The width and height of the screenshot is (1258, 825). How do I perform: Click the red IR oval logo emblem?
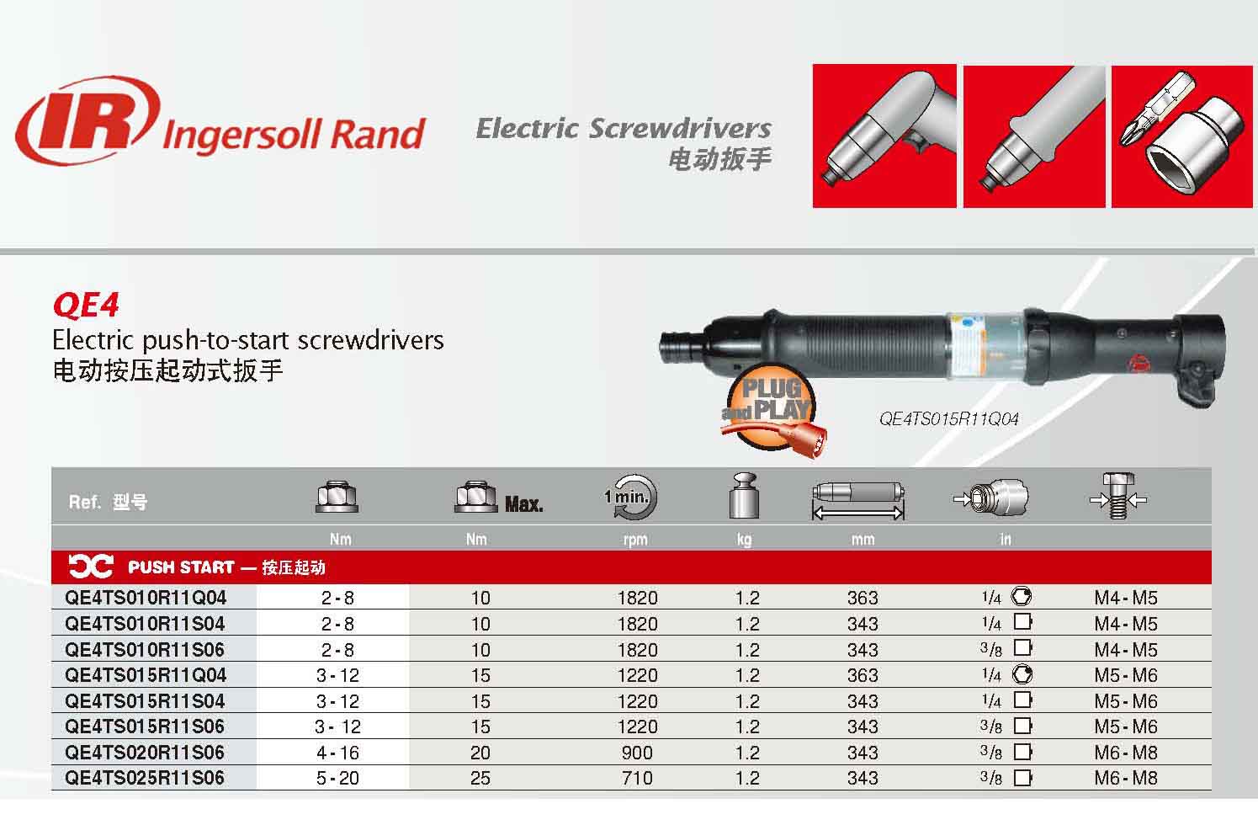tap(88, 120)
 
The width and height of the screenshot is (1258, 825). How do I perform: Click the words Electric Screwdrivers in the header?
tap(624, 128)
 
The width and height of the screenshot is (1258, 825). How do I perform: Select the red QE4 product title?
tap(86, 305)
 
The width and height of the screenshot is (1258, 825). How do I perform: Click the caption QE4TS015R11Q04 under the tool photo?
tap(948, 418)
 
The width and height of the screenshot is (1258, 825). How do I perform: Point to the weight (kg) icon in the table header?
tap(744, 495)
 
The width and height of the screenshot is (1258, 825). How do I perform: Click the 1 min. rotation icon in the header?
tap(631, 497)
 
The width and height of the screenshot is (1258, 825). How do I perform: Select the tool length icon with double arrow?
tap(858, 501)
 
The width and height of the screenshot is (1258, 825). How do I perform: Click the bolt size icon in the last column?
tap(1117, 496)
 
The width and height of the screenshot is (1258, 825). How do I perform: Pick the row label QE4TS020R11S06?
tap(145, 752)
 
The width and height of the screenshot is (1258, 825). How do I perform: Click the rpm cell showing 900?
tap(637, 753)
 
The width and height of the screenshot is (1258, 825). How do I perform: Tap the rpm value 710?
tap(637, 778)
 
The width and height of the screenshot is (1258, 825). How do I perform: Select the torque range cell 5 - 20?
tap(337, 778)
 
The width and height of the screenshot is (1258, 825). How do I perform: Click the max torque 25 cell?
tap(480, 778)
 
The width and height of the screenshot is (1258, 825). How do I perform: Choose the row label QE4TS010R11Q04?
tap(146, 598)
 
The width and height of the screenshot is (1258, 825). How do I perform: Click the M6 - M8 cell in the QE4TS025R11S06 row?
tap(1125, 778)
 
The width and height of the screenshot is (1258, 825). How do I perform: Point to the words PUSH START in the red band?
tap(181, 567)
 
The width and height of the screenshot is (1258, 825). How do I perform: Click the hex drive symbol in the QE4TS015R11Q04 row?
tap(1022, 674)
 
